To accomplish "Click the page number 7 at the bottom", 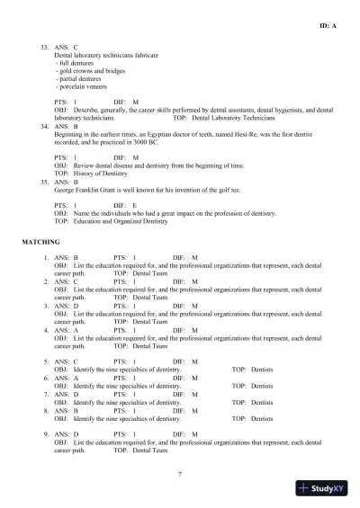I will click(180, 474).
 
